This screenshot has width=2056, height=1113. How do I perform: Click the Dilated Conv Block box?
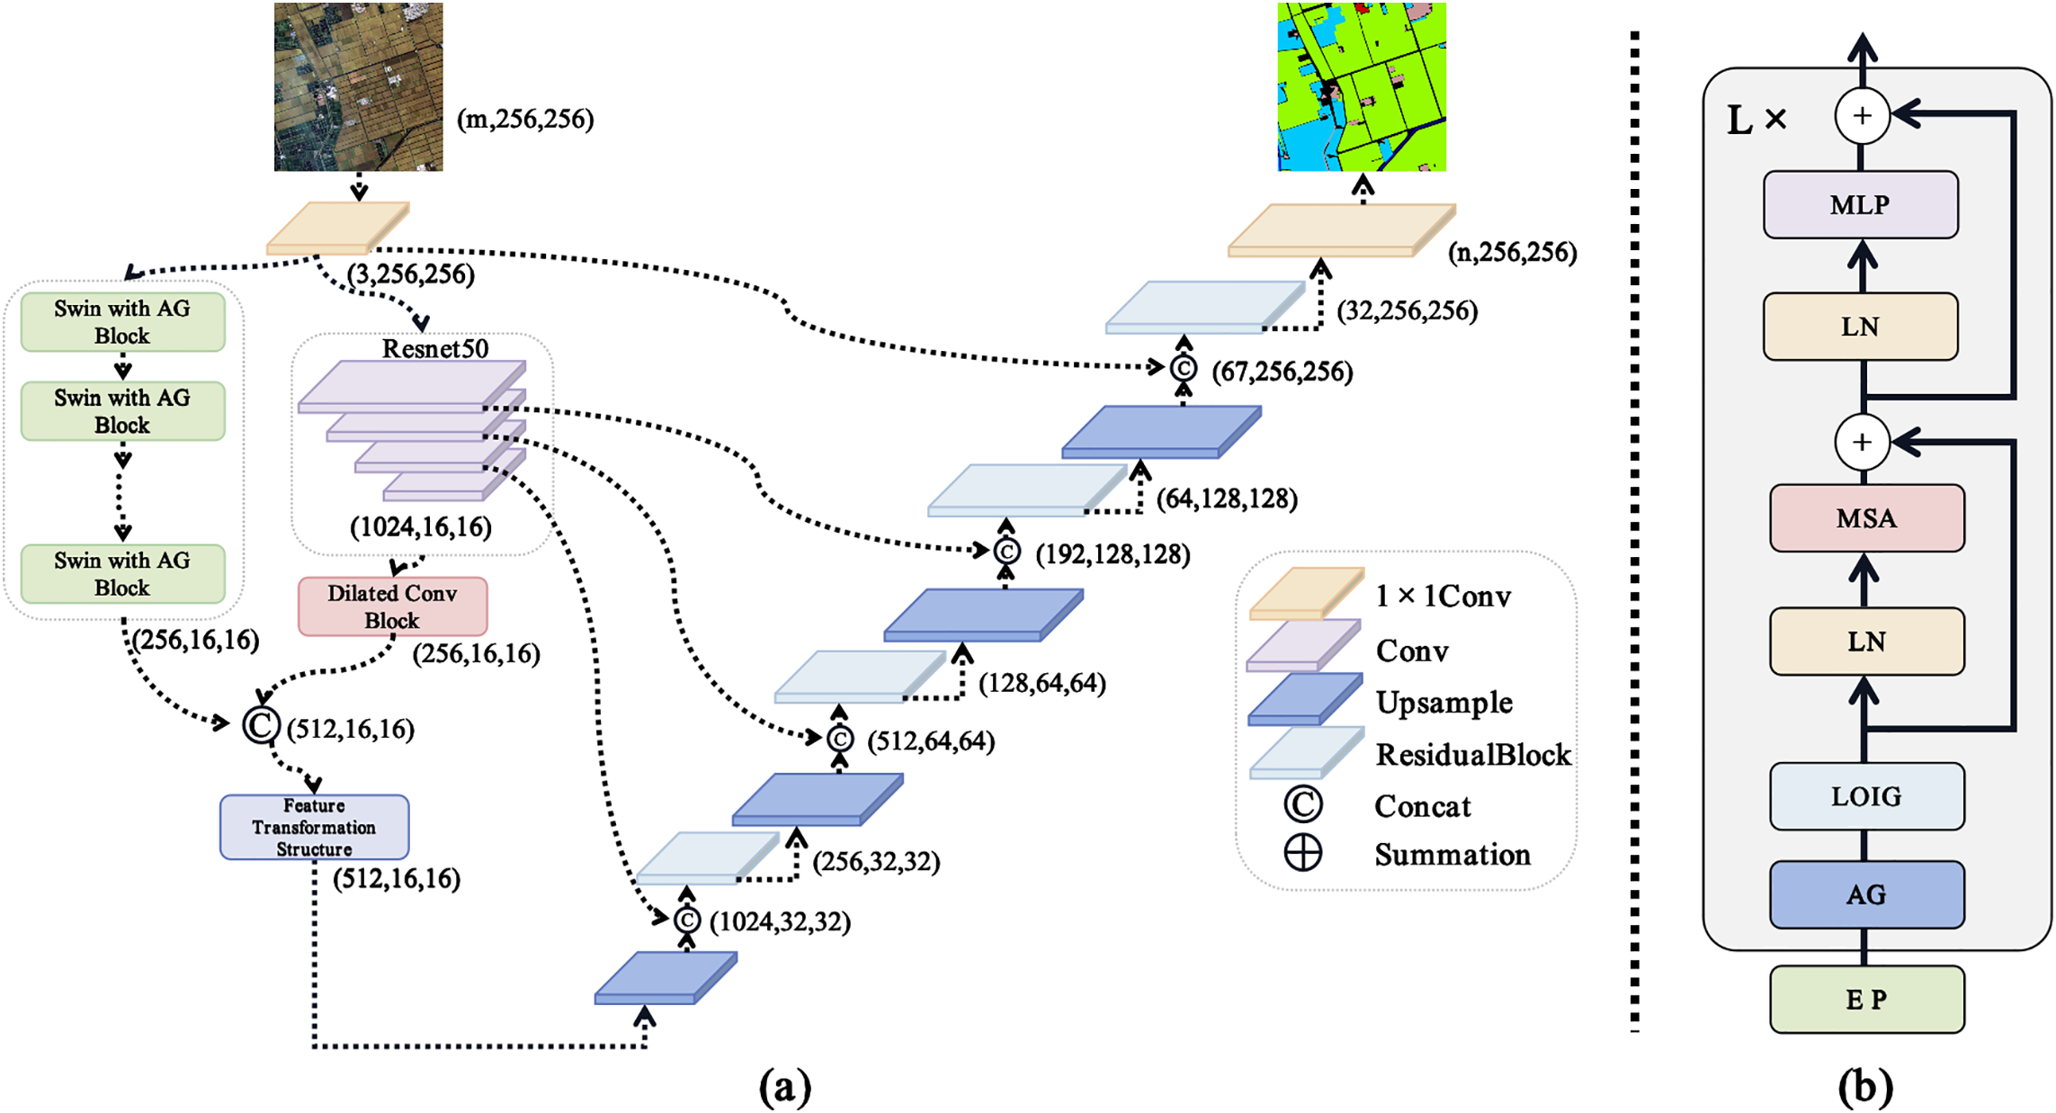tap(392, 606)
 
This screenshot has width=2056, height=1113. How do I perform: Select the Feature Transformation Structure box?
tap(314, 827)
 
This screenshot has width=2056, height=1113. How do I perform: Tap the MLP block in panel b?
tap(1860, 205)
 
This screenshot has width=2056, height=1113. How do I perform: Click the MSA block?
tap(1866, 518)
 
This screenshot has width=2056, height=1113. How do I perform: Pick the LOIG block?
tap(1866, 796)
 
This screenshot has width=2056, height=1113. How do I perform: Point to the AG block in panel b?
tap(1866, 894)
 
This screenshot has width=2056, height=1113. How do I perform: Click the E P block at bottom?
tap(1866, 1000)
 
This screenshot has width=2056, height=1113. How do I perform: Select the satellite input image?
tap(358, 86)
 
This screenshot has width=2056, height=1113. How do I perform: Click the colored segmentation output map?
tap(1362, 86)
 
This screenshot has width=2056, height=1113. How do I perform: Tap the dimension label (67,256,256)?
tap(1282, 372)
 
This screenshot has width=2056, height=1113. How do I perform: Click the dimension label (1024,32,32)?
tap(780, 922)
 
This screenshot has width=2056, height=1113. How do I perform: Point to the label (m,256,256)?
tap(525, 120)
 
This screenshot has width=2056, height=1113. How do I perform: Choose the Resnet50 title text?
tap(434, 349)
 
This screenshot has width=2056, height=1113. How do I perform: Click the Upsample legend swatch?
tap(1304, 700)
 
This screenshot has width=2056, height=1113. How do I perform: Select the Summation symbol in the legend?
tap(1302, 853)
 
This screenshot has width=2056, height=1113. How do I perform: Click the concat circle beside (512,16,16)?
tap(261, 725)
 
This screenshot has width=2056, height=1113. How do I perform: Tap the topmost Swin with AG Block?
tap(122, 321)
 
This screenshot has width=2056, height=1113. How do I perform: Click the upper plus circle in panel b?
tap(1862, 116)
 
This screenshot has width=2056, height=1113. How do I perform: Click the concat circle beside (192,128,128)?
tap(1006, 551)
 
